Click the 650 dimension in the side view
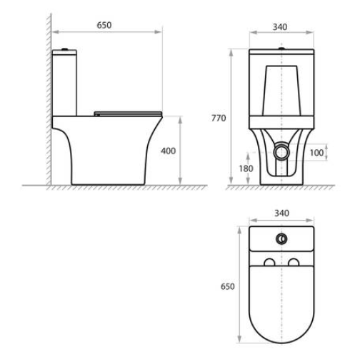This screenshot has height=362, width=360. (104, 25)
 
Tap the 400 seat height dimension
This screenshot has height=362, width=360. (169, 151)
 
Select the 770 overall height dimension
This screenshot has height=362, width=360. (219, 118)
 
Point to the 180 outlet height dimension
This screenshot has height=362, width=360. (246, 169)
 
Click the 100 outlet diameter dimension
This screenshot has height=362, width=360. (316, 153)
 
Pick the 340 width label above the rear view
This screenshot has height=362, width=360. (280, 27)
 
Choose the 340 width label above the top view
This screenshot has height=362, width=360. (282, 213)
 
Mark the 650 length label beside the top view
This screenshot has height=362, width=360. (228, 286)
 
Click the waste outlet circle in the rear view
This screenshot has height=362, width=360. (281, 152)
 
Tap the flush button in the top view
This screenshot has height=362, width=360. (281, 238)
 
